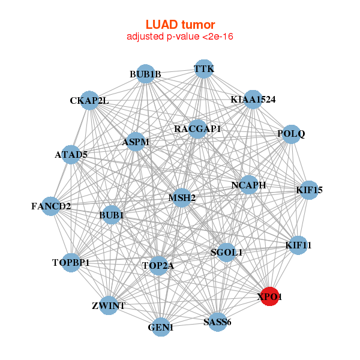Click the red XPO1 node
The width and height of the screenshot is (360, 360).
(271, 296)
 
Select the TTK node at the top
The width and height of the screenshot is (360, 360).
(204, 68)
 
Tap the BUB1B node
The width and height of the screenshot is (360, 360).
(146, 74)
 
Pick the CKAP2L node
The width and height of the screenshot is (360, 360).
(89, 100)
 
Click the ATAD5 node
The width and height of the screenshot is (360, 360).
(71, 155)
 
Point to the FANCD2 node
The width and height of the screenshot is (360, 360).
(51, 206)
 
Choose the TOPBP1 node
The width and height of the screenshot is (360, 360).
(71, 263)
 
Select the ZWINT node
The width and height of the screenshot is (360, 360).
(109, 306)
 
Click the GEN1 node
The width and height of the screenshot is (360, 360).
(161, 328)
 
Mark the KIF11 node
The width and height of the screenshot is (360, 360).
(298, 245)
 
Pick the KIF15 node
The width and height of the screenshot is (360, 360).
(309, 190)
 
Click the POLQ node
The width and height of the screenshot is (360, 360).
(290, 134)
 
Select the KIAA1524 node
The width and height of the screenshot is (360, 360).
(253, 99)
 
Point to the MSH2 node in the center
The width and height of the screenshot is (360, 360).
(182, 197)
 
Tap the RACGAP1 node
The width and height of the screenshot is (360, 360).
(197, 128)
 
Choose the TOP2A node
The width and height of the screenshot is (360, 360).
(158, 265)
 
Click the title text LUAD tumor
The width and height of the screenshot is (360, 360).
(180, 25)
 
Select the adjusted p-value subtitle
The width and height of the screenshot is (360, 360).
(180, 37)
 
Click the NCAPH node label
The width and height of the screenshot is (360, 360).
(248, 185)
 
